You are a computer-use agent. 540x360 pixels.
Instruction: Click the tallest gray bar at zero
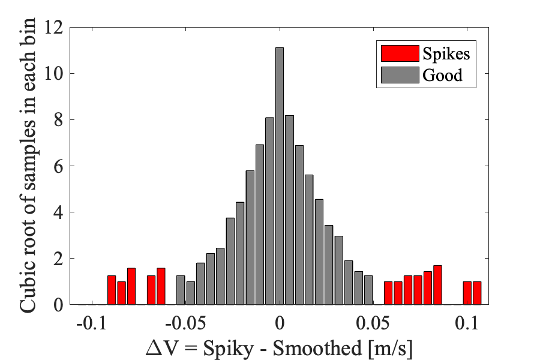pos(279,176)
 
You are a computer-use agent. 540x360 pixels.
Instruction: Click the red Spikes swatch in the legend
pos(398,53)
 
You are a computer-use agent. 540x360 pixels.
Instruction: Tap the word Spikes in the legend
pos(446,53)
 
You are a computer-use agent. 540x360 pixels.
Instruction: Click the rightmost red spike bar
pos(477,293)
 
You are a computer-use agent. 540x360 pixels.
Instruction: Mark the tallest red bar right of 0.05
pos(437,285)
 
